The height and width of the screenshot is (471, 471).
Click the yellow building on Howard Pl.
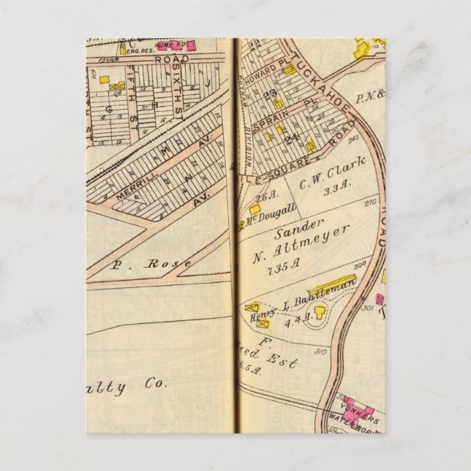click(x=290, y=69)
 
